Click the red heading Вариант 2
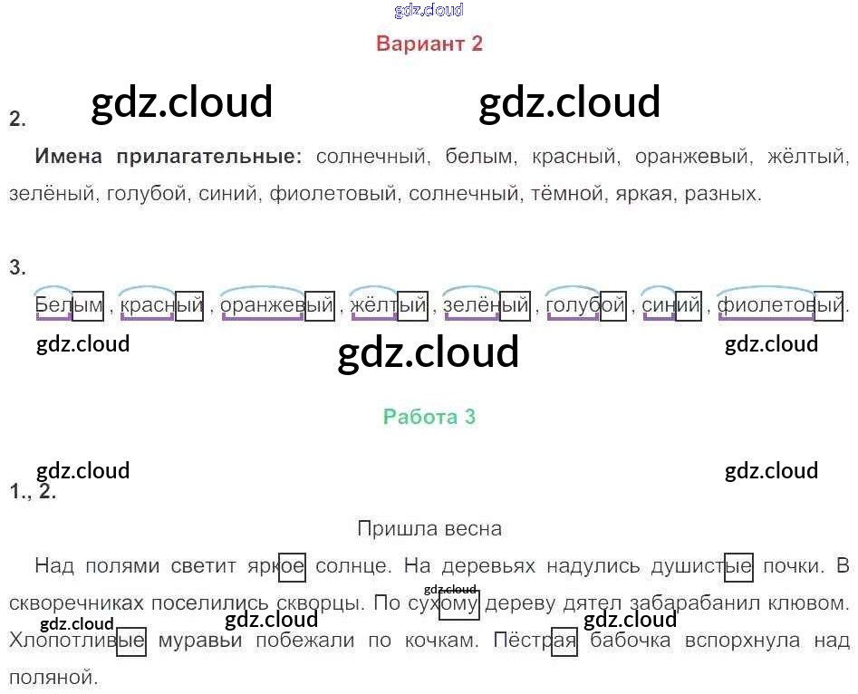coord(429,43)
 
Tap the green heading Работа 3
coord(429,417)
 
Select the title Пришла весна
coord(429,528)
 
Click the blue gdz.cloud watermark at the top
coord(429,10)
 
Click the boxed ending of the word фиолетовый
coord(828,305)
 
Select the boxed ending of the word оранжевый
coord(320,305)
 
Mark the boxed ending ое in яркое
coord(292,567)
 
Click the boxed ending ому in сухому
coord(458,603)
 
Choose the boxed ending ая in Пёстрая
coord(564,641)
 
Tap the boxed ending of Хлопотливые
coord(131,641)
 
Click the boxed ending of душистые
coord(739,567)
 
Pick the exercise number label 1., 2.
coord(34,493)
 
